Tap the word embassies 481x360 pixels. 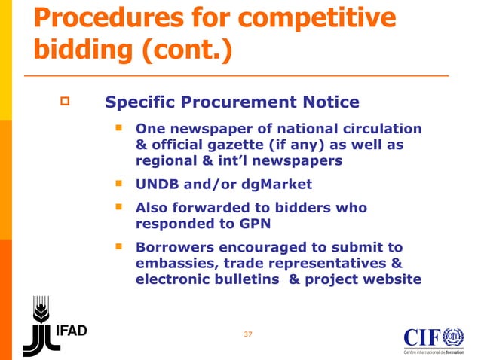(174, 263)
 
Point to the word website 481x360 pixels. (392, 279)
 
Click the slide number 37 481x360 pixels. (248, 334)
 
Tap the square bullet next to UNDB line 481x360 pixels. (119, 183)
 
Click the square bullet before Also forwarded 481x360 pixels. (119, 206)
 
